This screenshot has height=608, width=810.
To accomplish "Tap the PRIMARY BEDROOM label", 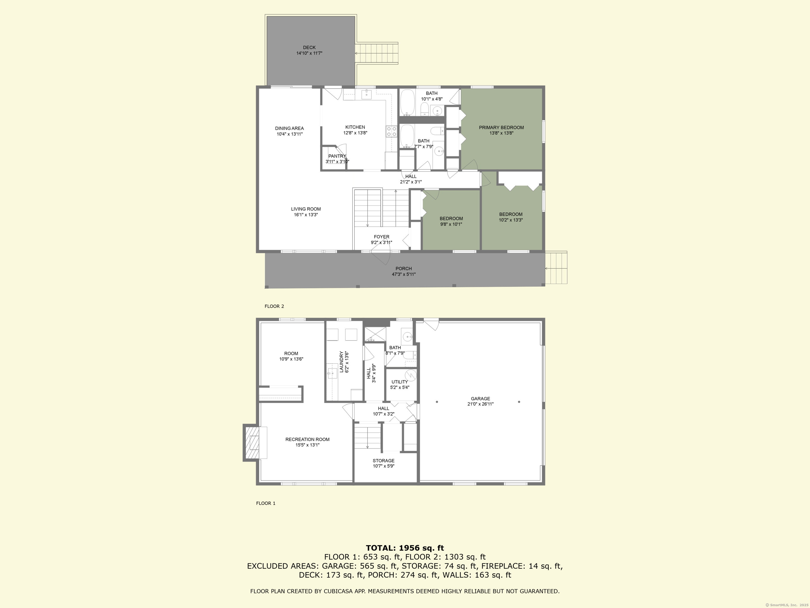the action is (501, 127).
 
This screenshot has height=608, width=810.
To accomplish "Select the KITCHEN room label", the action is (355, 127).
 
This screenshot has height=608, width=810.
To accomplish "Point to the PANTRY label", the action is (337, 156).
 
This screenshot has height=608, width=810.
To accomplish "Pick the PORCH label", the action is (403, 269).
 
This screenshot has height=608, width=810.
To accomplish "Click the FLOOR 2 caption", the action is (274, 306).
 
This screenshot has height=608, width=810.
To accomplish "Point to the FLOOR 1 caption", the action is (266, 503).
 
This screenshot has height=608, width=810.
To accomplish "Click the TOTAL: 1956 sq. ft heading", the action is (405, 548).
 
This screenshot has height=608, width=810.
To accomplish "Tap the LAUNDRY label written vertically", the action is (341, 362).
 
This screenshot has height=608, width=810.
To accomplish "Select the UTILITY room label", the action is (399, 382).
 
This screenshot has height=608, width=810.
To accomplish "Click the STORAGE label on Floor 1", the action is (383, 461).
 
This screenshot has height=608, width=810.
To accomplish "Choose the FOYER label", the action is (382, 237).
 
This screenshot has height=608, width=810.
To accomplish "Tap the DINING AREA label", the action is (289, 128).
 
